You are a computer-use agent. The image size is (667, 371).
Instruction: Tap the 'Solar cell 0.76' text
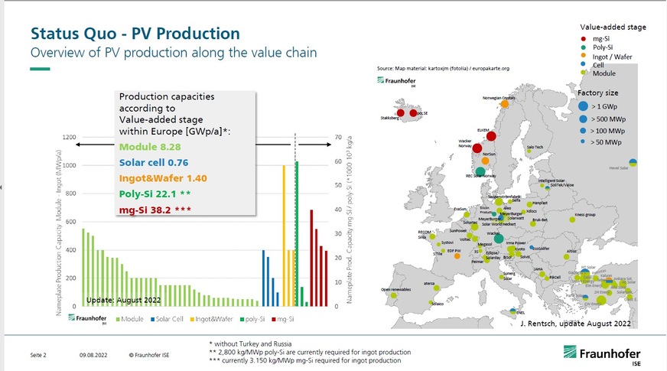[154, 162]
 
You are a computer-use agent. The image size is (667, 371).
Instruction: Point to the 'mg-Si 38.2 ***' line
[155, 210]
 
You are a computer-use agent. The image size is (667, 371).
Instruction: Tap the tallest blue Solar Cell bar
[263, 278]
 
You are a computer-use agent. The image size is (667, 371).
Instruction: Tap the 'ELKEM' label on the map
[483, 130]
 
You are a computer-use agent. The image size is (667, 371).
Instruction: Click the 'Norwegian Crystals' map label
[499, 98]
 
